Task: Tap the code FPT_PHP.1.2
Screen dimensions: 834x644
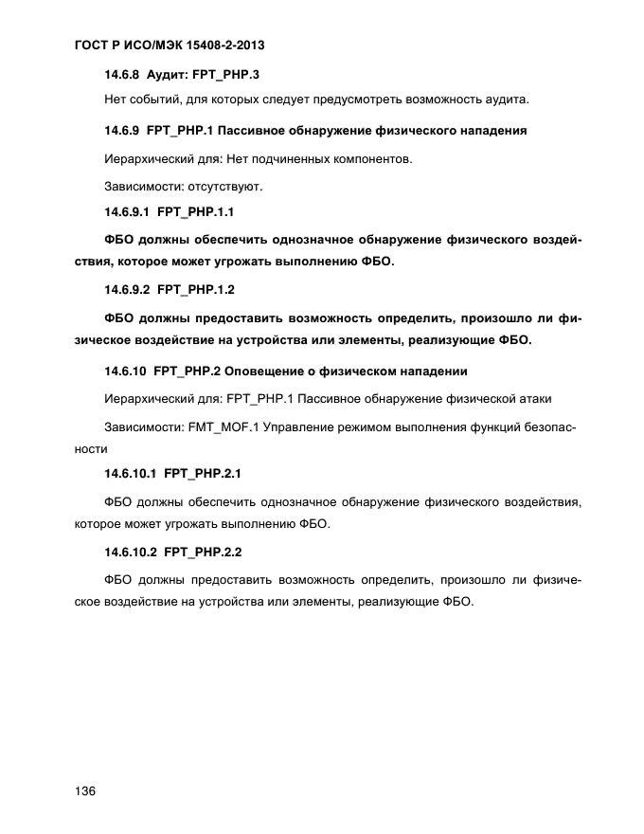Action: [196, 289]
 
